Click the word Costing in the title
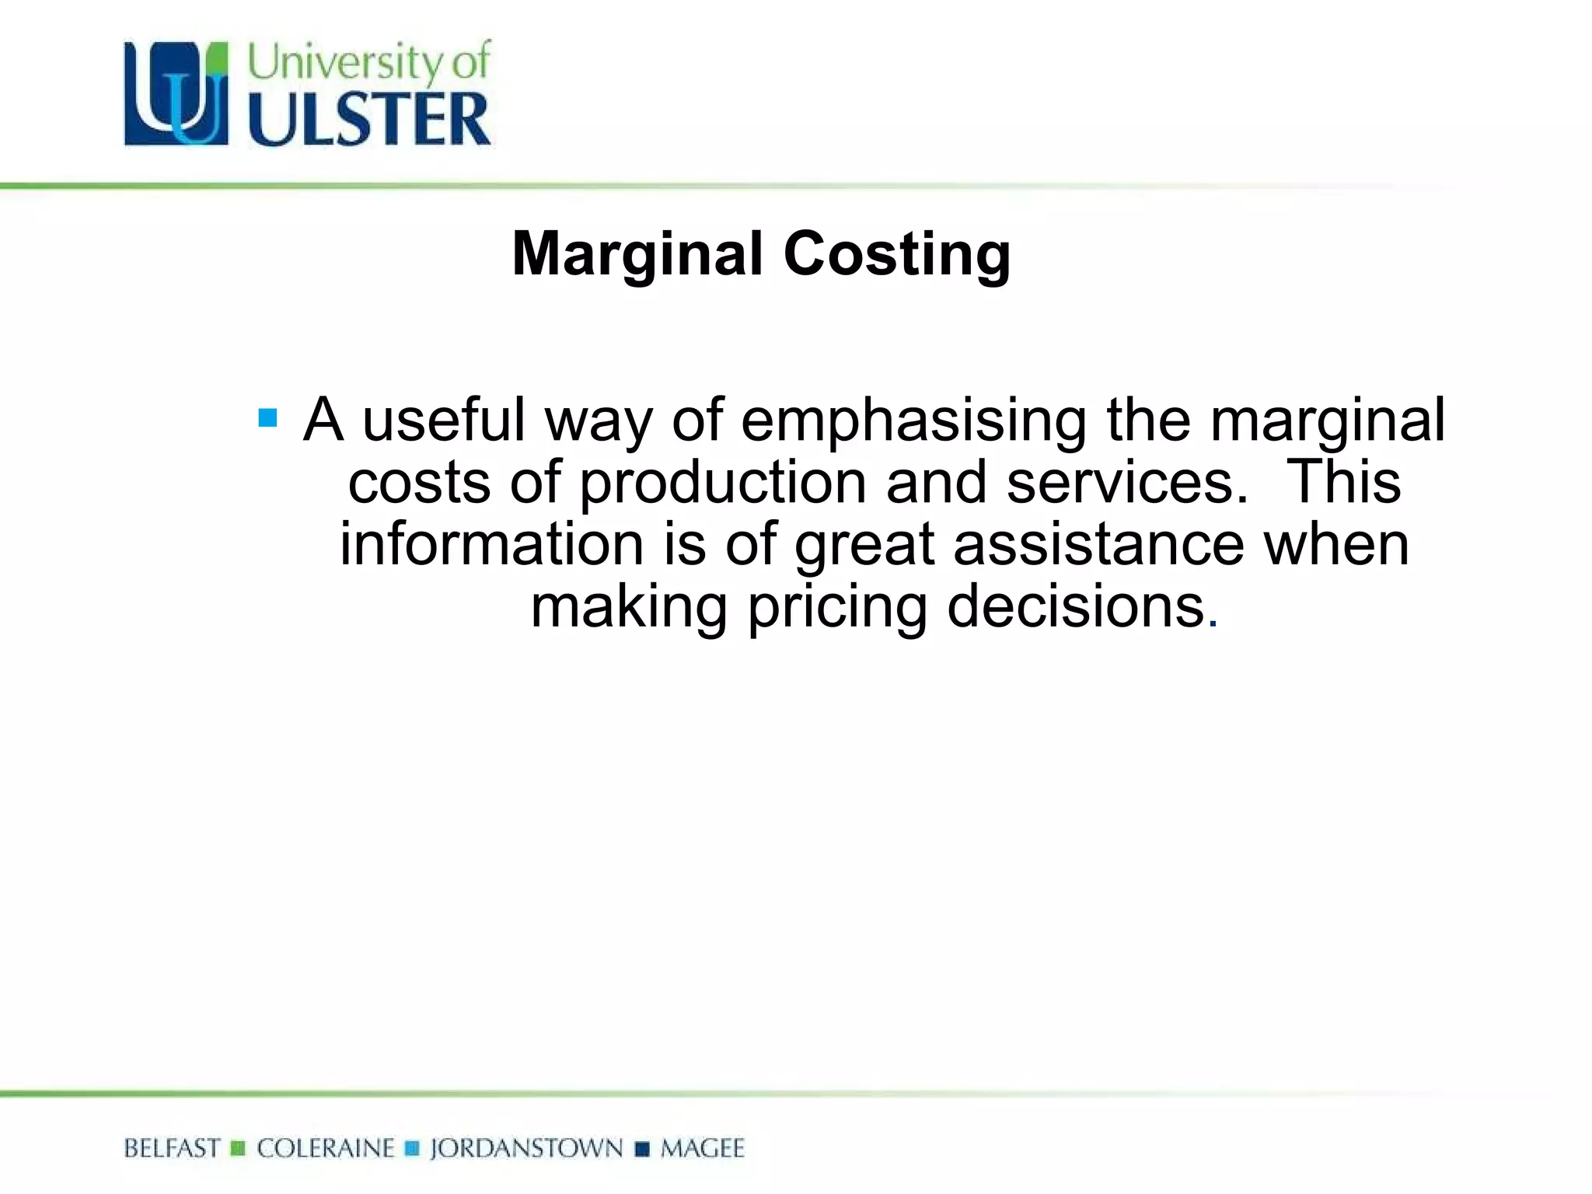pyautogui.click(x=897, y=255)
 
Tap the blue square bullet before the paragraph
pyautogui.click(x=267, y=419)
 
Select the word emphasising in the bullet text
pyautogui.click(x=913, y=421)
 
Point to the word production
pyautogui.click(x=723, y=483)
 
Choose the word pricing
pyautogui.click(x=837, y=607)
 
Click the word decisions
pyautogui.click(x=1076, y=607)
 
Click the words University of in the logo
pyautogui.click(x=369, y=62)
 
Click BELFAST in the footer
pyautogui.click(x=172, y=1148)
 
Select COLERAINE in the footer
pyautogui.click(x=326, y=1148)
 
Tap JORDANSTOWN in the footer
pyautogui.click(x=526, y=1148)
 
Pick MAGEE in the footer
pyautogui.click(x=702, y=1148)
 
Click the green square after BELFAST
pyautogui.click(x=239, y=1148)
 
